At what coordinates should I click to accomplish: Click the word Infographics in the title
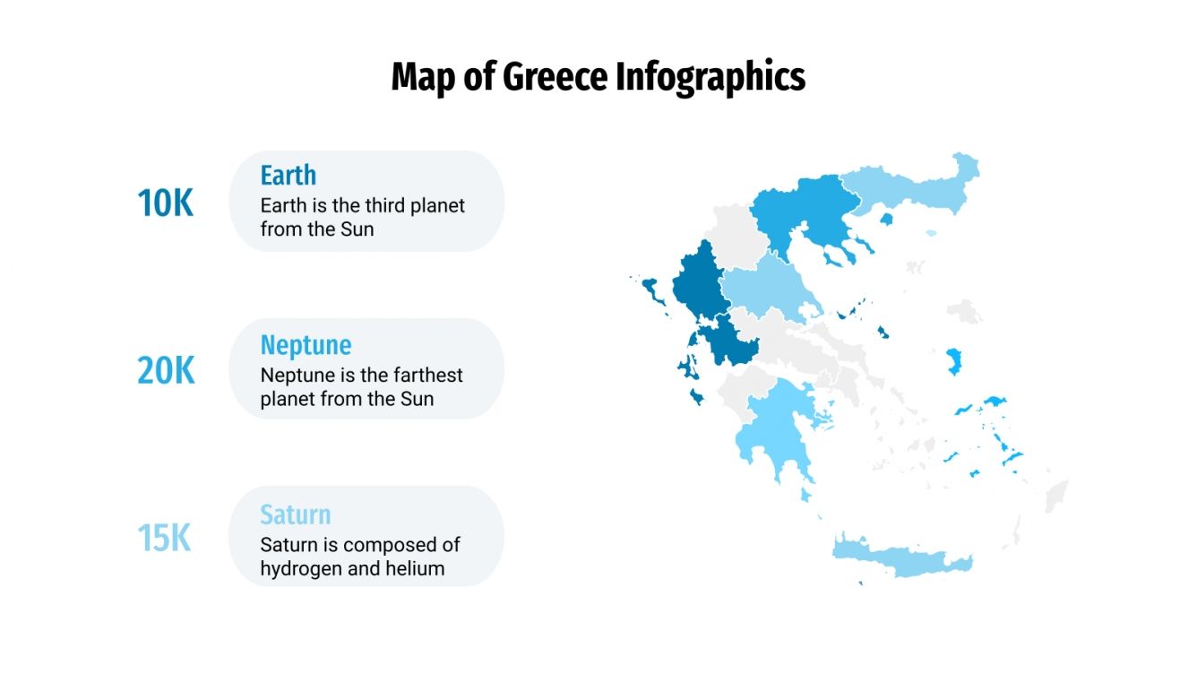coord(710,77)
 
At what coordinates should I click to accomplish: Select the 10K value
coord(165,203)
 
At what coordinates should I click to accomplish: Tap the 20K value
coord(165,370)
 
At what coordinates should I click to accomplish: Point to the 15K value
coord(165,539)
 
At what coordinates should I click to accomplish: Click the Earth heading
coord(288,175)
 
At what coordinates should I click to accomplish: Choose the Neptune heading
coord(306,345)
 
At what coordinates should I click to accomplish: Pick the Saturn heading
coord(295,514)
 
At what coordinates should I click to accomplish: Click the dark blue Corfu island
coord(651,291)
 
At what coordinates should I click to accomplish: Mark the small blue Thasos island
coord(887,219)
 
